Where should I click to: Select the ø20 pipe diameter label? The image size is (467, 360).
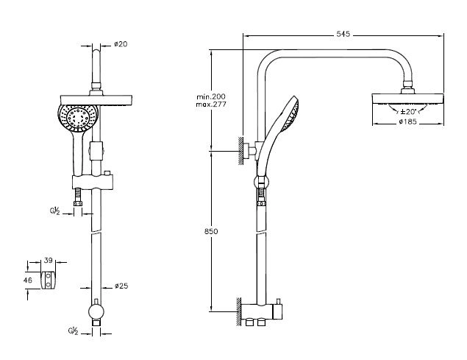(x=121, y=44)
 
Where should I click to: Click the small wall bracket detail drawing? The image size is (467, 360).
(x=49, y=280)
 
